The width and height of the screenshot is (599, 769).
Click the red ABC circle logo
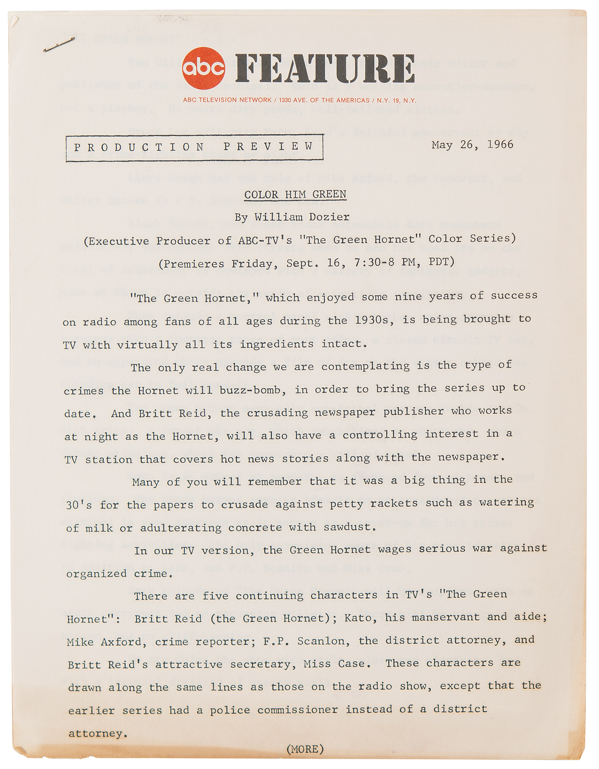(x=204, y=68)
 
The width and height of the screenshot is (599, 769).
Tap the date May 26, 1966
(x=472, y=145)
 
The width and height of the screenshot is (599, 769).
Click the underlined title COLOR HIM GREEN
(x=295, y=195)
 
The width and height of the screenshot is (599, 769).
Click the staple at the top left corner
(x=58, y=45)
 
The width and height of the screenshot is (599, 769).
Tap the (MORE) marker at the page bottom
(x=305, y=749)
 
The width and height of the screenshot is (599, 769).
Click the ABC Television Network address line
(x=299, y=100)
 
